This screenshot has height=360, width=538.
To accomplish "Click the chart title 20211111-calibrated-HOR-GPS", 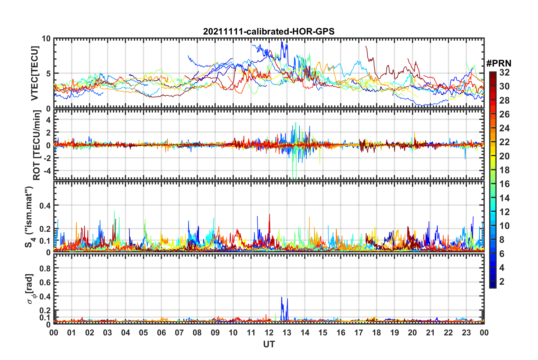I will click(269, 31).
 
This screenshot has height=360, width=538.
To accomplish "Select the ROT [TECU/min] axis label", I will click(37, 145).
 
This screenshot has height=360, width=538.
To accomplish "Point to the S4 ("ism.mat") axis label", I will click(29, 217).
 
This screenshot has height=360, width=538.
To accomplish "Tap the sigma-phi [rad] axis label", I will click(30, 289).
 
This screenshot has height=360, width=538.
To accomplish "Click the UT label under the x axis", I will click(269, 344).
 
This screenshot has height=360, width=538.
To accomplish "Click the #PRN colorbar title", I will click(499, 63).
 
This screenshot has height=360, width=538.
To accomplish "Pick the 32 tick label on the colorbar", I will click(504, 72).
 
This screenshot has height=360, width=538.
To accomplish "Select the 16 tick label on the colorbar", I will click(504, 184).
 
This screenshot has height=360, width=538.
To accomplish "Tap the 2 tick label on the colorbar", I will click(502, 281).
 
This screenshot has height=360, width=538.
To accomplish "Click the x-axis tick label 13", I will click(287, 333).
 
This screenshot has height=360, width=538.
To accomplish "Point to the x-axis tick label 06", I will click(161, 333).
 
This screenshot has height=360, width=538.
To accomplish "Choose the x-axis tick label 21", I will click(430, 333).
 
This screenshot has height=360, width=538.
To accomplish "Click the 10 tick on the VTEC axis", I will click(46, 39).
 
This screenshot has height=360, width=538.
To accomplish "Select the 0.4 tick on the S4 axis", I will click(45, 205).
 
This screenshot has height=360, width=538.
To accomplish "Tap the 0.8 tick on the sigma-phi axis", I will click(45, 268).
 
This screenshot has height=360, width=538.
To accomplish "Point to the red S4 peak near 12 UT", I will click(270, 215).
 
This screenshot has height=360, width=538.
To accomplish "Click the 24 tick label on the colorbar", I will click(504, 128).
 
